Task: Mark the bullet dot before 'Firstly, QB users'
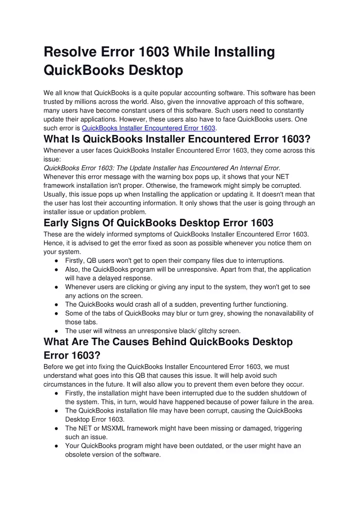pos(58,261)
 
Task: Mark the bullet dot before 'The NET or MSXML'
pos(58,429)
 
